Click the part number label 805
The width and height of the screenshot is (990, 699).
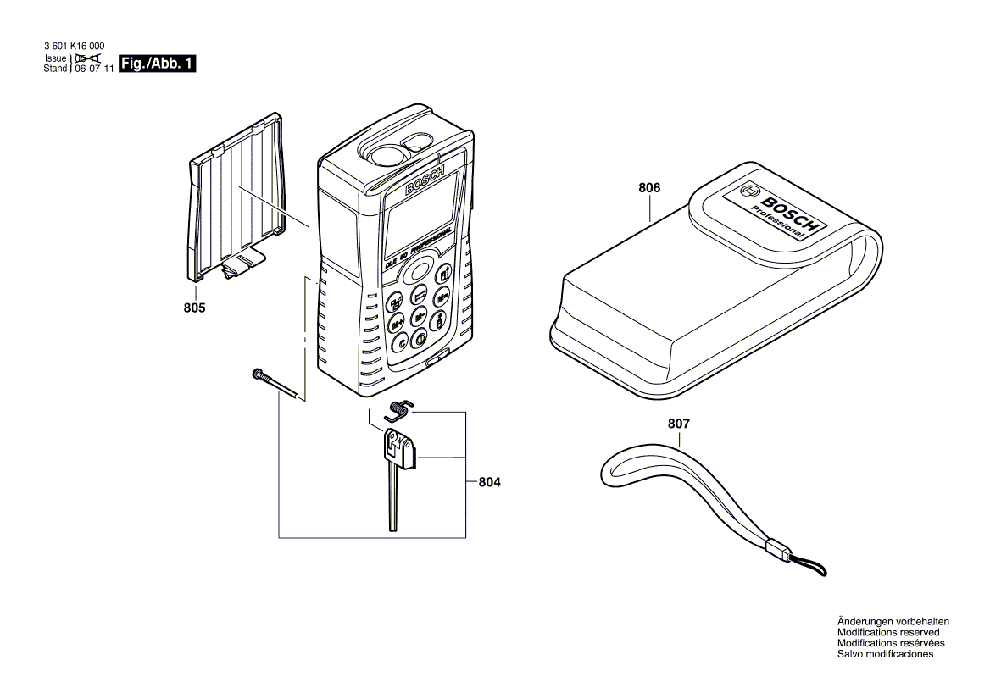point(194,308)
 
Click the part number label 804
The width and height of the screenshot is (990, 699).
point(489,482)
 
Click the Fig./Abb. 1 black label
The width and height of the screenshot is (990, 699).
point(158,64)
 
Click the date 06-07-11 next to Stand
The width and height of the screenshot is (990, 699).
point(93,69)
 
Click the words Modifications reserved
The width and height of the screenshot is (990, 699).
point(888,632)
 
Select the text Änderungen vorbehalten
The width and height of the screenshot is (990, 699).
point(893,621)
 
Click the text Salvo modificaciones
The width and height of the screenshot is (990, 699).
point(885,654)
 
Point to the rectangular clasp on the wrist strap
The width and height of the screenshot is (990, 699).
point(776,551)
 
